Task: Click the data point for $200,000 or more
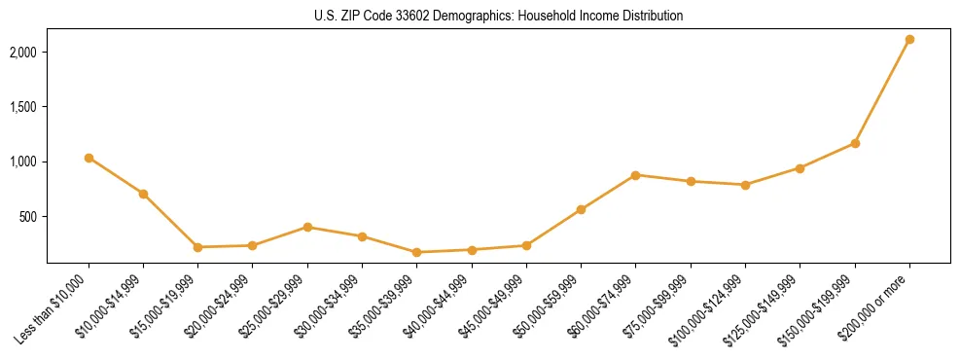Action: pos(909,39)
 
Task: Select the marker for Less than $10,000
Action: pos(89,158)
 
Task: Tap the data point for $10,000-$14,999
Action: pos(143,194)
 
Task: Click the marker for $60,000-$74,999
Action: pos(636,175)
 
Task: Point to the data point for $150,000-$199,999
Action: pos(855,143)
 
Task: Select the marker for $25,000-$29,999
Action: pos(307,227)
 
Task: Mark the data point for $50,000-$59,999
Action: pos(581,209)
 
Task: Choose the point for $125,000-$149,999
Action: pos(800,168)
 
